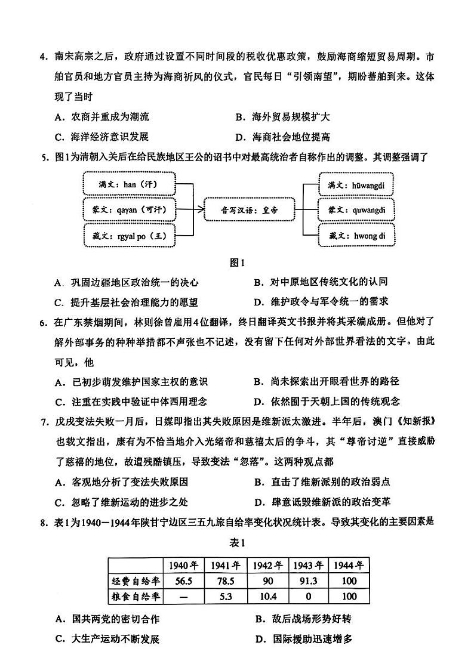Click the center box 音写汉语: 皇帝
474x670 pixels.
[249, 209]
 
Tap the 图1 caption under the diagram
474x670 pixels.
[238, 263]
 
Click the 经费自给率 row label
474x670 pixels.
[136, 581]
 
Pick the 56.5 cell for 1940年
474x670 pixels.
[183, 581]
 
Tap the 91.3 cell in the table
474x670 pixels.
[308, 581]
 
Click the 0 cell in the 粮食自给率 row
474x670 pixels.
[308, 596]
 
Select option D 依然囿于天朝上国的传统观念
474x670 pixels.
[326, 401]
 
